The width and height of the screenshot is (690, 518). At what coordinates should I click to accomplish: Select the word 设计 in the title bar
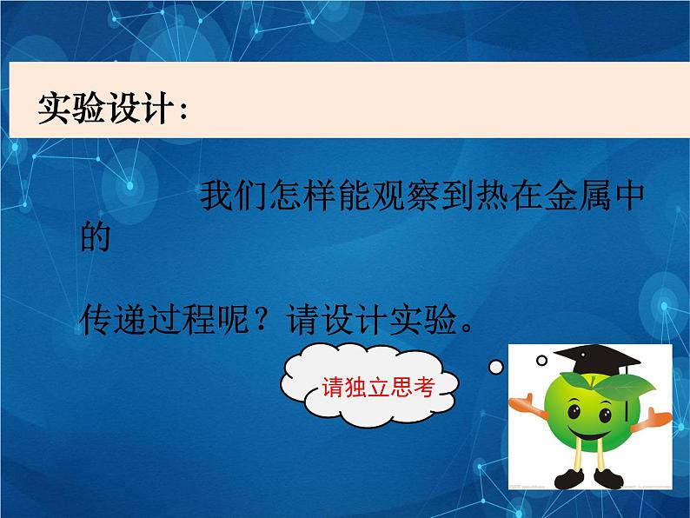tap(138, 110)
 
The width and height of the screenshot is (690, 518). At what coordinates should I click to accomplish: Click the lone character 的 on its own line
tap(96, 237)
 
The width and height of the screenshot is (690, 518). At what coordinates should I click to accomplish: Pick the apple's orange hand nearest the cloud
tap(524, 402)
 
